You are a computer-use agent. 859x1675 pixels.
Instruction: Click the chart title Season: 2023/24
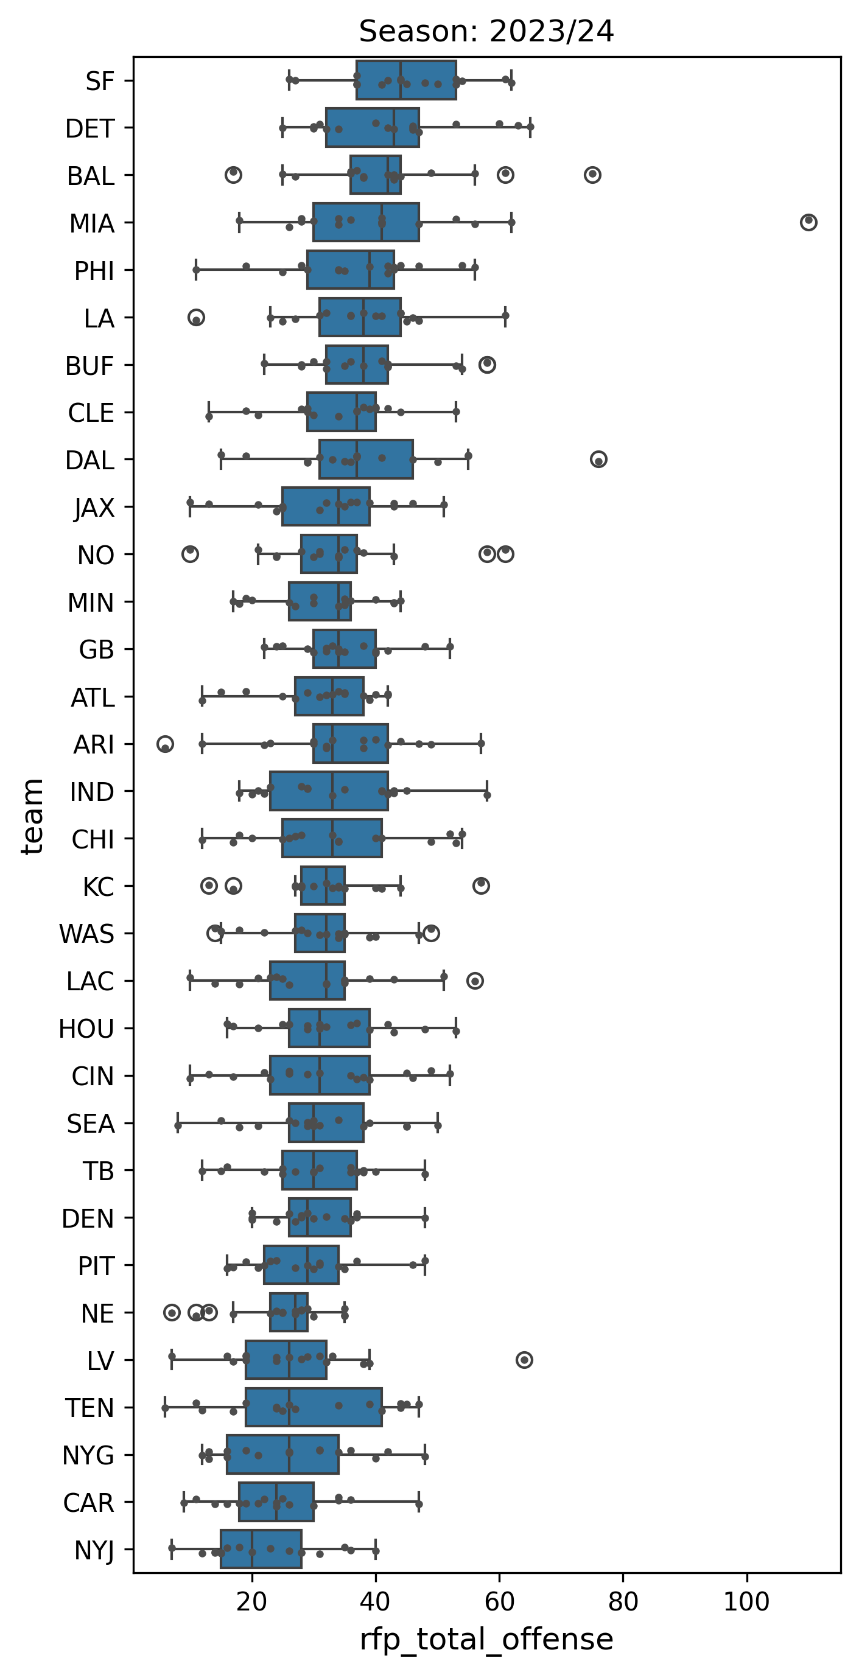[x=486, y=31]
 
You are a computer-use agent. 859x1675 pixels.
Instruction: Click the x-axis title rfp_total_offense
[x=486, y=1639]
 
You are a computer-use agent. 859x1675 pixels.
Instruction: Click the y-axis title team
[x=32, y=816]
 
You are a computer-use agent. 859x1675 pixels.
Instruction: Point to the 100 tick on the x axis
[x=746, y=1602]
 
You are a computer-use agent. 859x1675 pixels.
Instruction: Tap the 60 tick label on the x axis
[x=499, y=1602]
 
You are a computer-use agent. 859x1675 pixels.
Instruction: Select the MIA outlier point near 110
[x=808, y=222]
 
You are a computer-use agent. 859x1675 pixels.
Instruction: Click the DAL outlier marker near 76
[x=598, y=460]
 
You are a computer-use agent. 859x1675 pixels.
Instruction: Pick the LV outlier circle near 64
[x=524, y=1360]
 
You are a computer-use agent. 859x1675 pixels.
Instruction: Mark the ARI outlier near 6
[x=165, y=744]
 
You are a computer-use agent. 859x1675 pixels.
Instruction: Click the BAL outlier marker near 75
[x=592, y=175]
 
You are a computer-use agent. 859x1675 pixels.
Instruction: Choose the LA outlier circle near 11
[x=197, y=317]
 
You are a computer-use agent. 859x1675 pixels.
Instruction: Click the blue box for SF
[x=406, y=80]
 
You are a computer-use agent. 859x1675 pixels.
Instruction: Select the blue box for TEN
[x=314, y=1407]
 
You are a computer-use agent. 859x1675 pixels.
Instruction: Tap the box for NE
[x=289, y=1312]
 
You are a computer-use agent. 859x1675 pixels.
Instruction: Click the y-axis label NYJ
[x=94, y=1550]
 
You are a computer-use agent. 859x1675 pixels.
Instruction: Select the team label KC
[x=98, y=887]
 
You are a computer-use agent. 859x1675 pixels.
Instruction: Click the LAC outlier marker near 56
[x=475, y=981]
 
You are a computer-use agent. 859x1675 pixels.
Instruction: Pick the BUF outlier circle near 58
[x=487, y=365]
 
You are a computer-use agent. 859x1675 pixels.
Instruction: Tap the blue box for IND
[x=328, y=791]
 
